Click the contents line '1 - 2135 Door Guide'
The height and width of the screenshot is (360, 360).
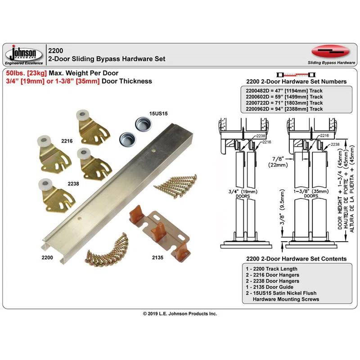pos(267,287)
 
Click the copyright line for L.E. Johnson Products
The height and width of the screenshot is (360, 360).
pos(180,313)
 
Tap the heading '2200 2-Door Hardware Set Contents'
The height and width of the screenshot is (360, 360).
pos(296,259)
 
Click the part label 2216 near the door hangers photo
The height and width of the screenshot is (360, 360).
pos(67,141)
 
